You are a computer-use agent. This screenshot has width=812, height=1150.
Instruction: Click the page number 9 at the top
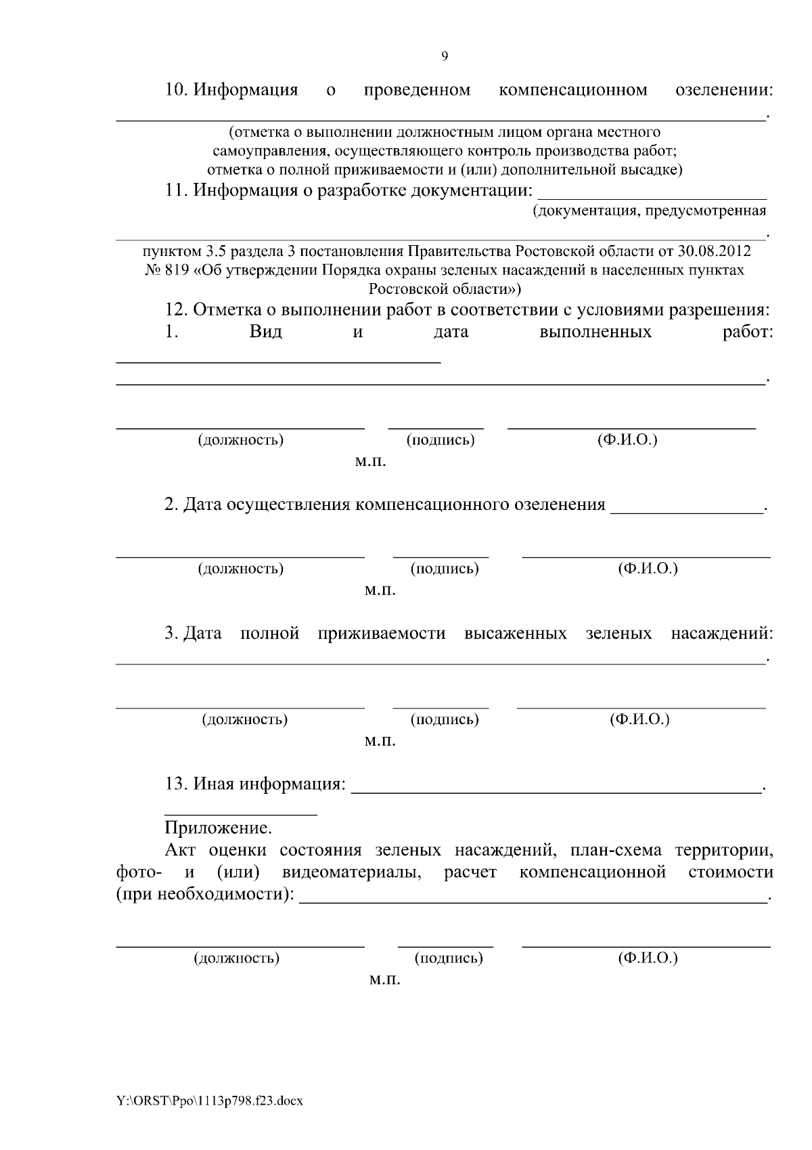click(445, 56)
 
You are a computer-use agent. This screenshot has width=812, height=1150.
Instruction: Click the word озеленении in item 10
click(724, 90)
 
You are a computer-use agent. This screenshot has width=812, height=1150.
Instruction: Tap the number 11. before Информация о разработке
click(177, 190)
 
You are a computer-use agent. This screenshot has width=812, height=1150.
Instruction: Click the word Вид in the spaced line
click(266, 332)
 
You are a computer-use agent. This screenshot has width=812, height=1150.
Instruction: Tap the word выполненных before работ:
click(595, 332)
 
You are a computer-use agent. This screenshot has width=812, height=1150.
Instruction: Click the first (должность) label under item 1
click(240, 440)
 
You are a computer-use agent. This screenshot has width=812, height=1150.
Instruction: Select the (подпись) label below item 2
click(445, 569)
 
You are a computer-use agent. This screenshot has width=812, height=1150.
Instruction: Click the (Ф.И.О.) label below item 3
click(639, 719)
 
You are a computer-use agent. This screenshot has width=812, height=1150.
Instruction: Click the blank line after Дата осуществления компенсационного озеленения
click(685, 513)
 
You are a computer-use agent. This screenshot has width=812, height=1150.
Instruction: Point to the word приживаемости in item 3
click(382, 634)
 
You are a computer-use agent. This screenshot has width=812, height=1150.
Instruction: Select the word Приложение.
click(218, 828)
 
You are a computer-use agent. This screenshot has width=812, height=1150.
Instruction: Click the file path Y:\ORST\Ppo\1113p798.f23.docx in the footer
click(210, 1101)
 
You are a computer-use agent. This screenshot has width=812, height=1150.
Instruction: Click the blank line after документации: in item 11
click(652, 198)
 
